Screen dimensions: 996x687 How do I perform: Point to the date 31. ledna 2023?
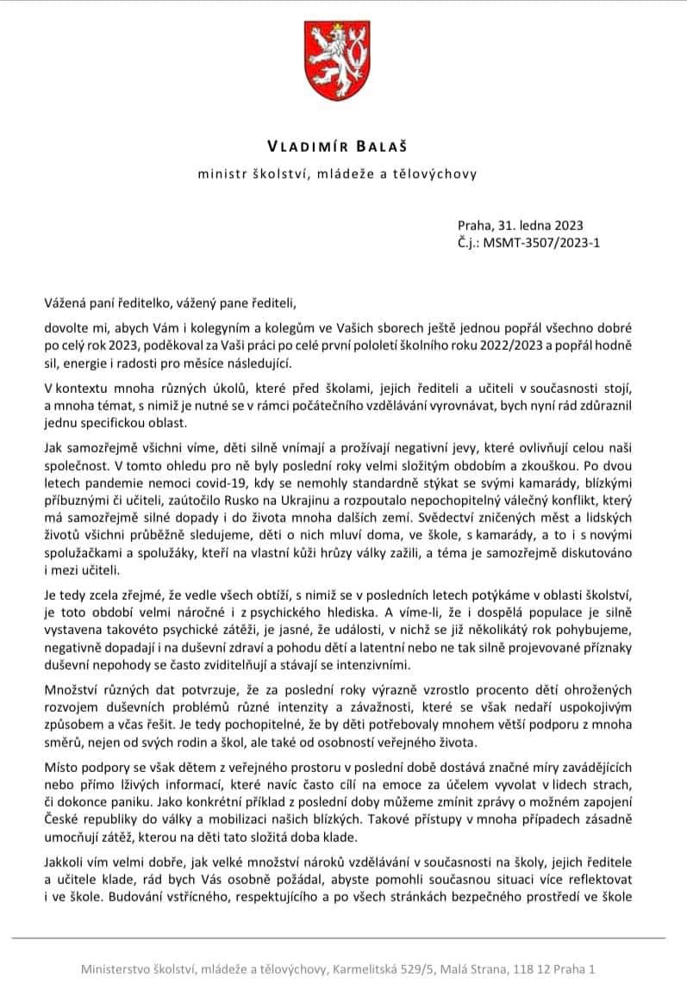[x=534, y=227]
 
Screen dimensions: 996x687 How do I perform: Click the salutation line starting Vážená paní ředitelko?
[x=170, y=302]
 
